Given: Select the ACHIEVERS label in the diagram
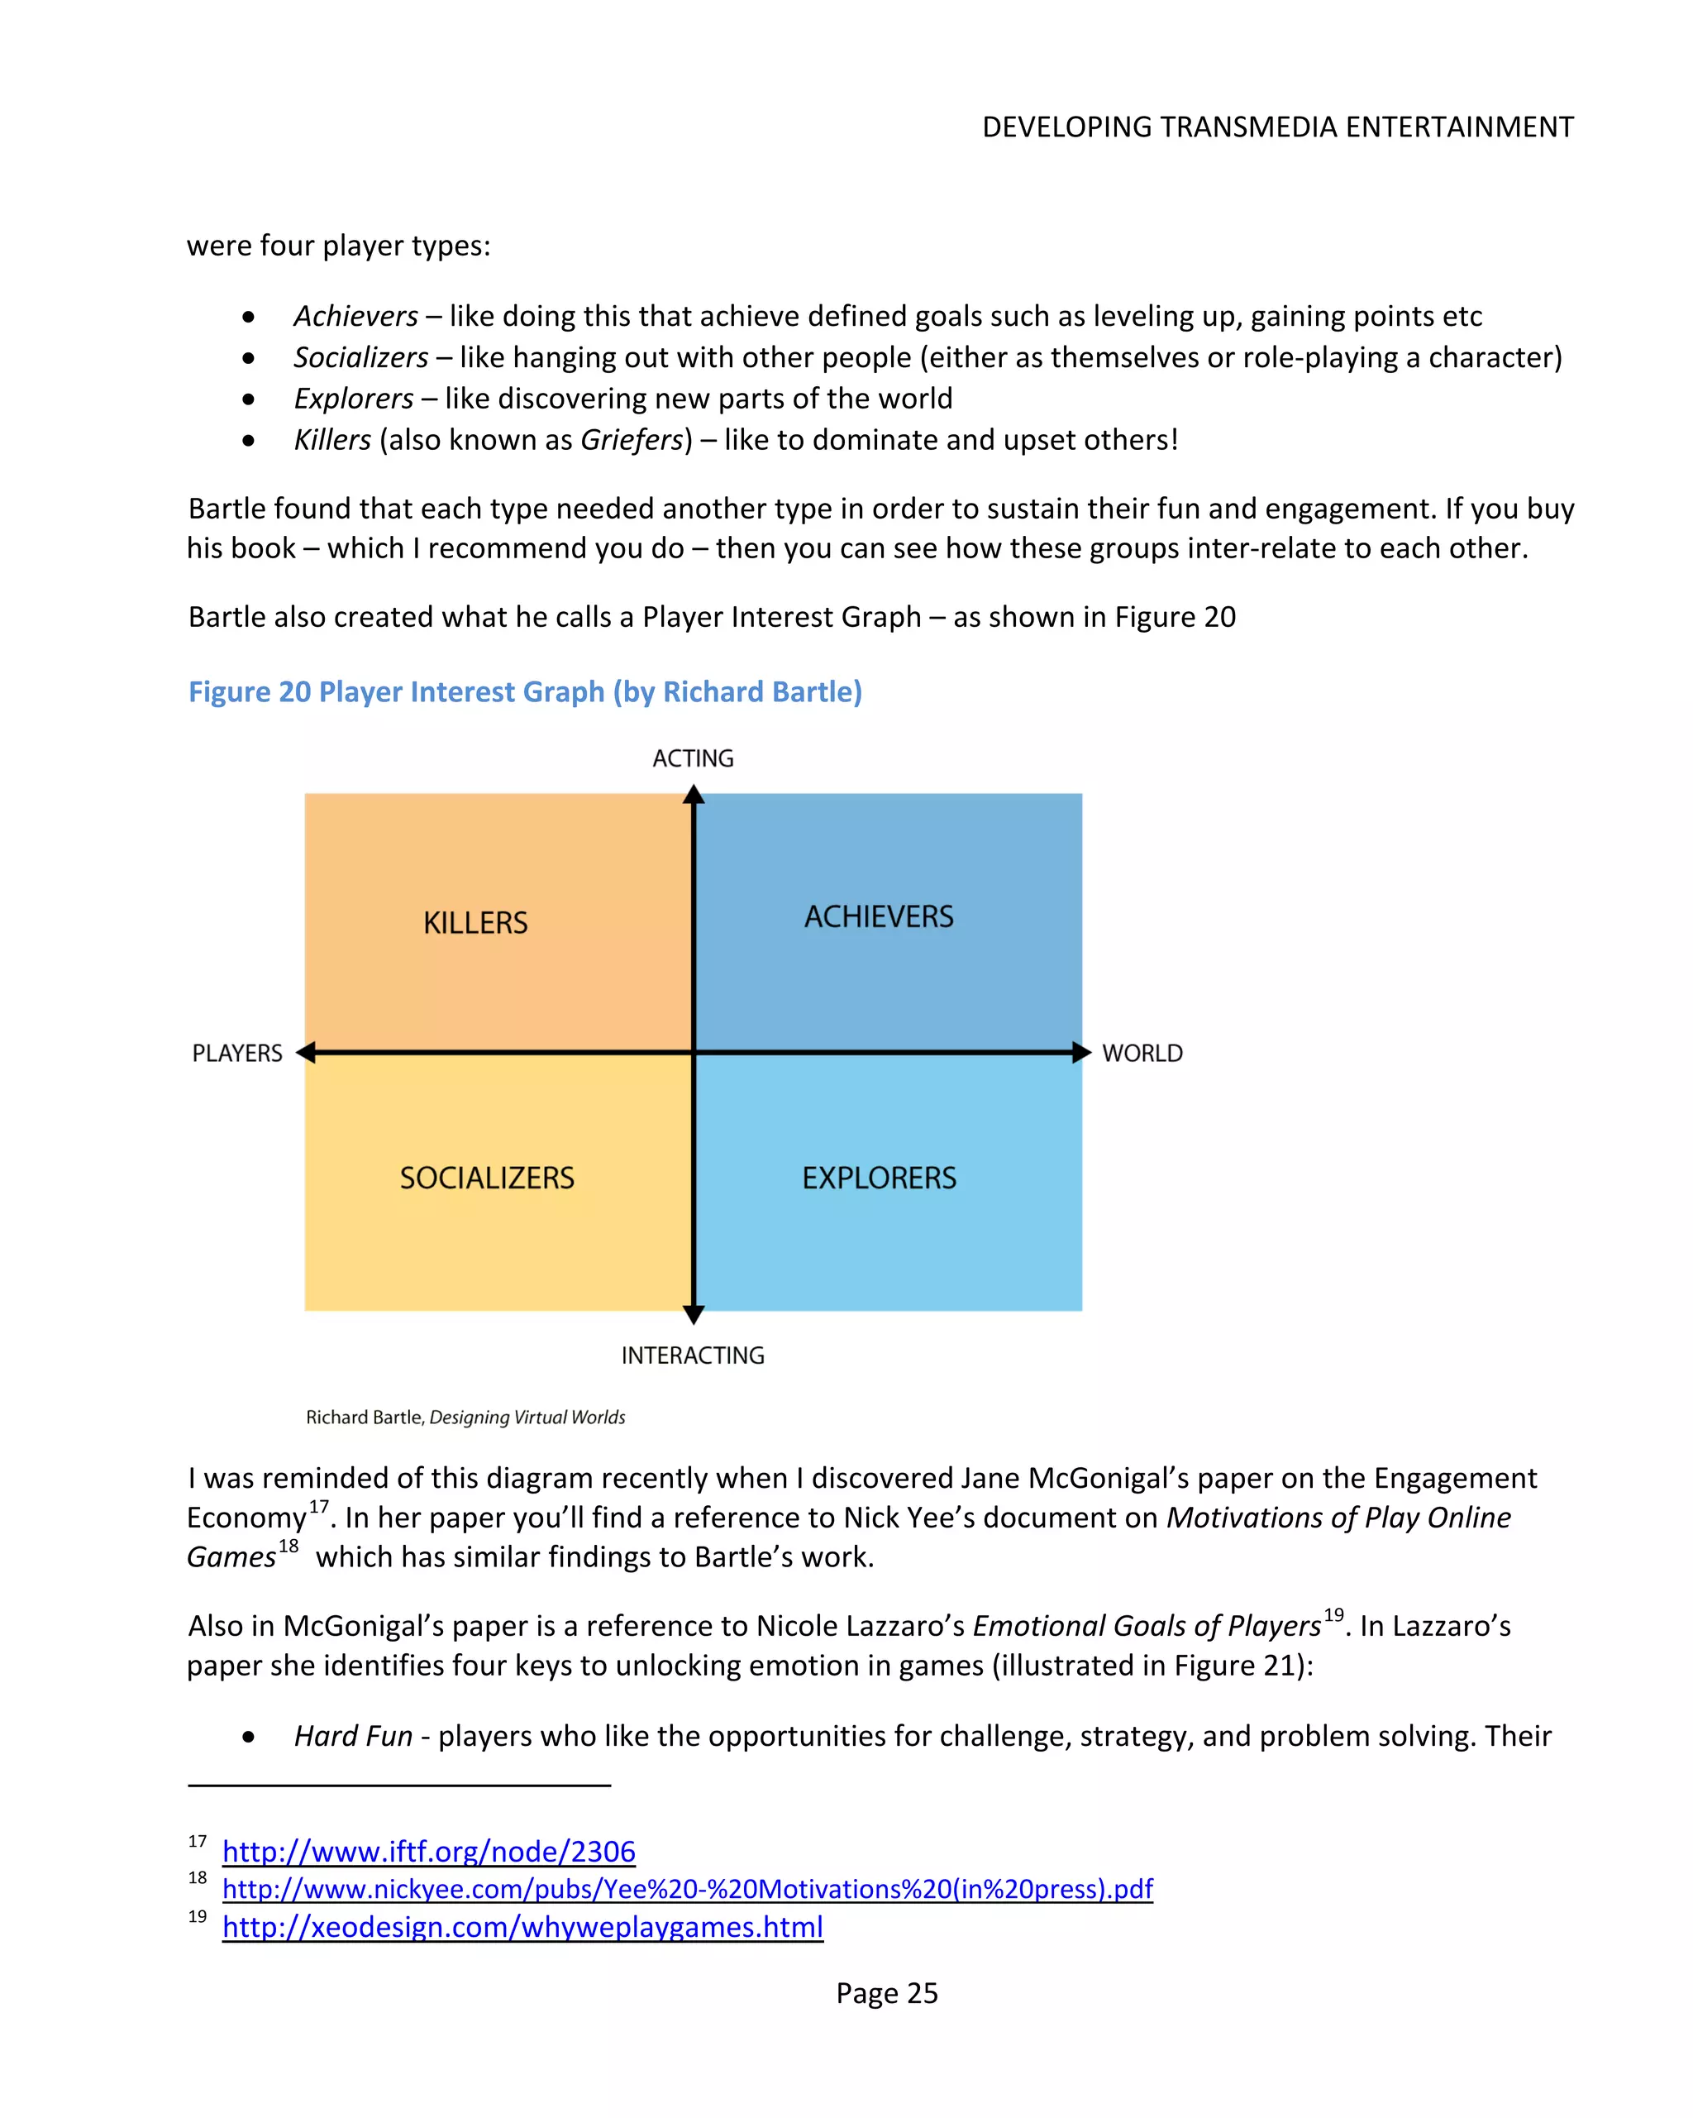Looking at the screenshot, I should [x=878, y=916].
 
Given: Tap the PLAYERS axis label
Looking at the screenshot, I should [x=236, y=1053].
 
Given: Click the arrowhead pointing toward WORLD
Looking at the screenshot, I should [x=1080, y=1052].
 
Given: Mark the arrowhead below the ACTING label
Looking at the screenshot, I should [x=694, y=795].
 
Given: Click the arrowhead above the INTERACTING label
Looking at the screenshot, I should [x=694, y=1313].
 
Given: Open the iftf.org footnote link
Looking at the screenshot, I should [x=428, y=1851].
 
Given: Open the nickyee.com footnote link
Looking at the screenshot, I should [x=688, y=1888].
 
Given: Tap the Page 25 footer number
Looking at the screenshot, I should [x=886, y=1992].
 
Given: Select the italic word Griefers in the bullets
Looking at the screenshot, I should [x=631, y=439].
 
